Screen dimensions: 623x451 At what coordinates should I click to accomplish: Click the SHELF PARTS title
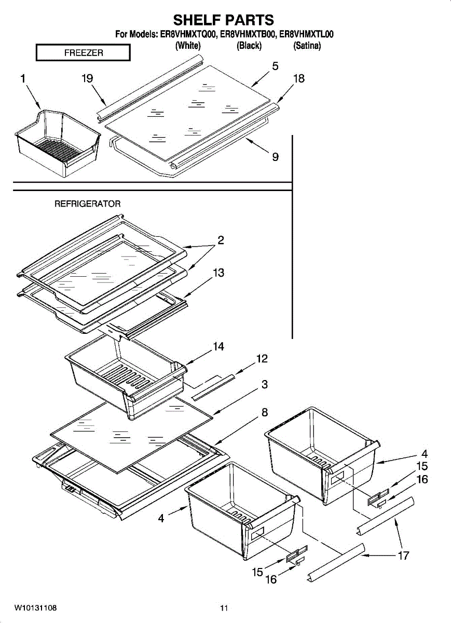[223, 20]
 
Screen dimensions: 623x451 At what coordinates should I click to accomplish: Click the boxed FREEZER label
[83, 53]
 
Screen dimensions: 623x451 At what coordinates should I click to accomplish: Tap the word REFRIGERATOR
[88, 204]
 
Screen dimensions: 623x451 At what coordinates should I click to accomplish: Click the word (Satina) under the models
[307, 46]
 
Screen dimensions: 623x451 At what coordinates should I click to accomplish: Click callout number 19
[87, 78]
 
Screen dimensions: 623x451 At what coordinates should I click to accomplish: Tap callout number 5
[275, 66]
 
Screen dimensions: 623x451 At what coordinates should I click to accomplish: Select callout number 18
[298, 79]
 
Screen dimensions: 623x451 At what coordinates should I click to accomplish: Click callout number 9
[275, 156]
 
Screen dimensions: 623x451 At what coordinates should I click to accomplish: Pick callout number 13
[218, 273]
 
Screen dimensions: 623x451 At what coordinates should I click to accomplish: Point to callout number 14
[218, 346]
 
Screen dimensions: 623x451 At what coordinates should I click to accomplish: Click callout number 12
[262, 359]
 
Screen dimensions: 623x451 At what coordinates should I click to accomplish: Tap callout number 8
[264, 413]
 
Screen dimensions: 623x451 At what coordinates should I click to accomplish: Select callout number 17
[403, 556]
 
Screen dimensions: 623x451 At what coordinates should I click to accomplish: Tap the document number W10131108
[36, 607]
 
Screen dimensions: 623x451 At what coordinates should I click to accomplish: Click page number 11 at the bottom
[224, 608]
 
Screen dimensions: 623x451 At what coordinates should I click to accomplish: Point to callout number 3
[264, 385]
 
